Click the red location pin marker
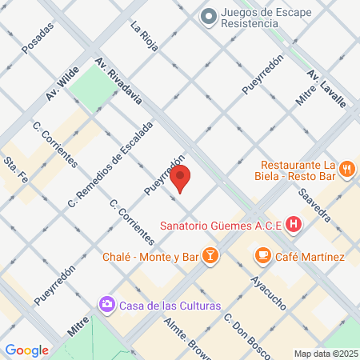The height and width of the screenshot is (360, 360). pos(181,179)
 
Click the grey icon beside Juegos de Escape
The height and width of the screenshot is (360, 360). pos(209,15)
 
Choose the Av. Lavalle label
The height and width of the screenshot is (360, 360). pos(326,87)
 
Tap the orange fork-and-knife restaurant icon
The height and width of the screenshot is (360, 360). pos(346,169)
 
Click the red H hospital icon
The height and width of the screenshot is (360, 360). pos(294,225)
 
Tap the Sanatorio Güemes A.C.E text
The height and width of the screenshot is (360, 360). pos(221,226)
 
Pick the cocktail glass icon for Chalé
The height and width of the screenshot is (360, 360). pos(210,256)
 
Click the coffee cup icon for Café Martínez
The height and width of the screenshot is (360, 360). pos(262,256)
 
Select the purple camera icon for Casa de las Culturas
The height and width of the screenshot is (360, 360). pos(106,305)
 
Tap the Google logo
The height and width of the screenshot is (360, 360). pos(26,350)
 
